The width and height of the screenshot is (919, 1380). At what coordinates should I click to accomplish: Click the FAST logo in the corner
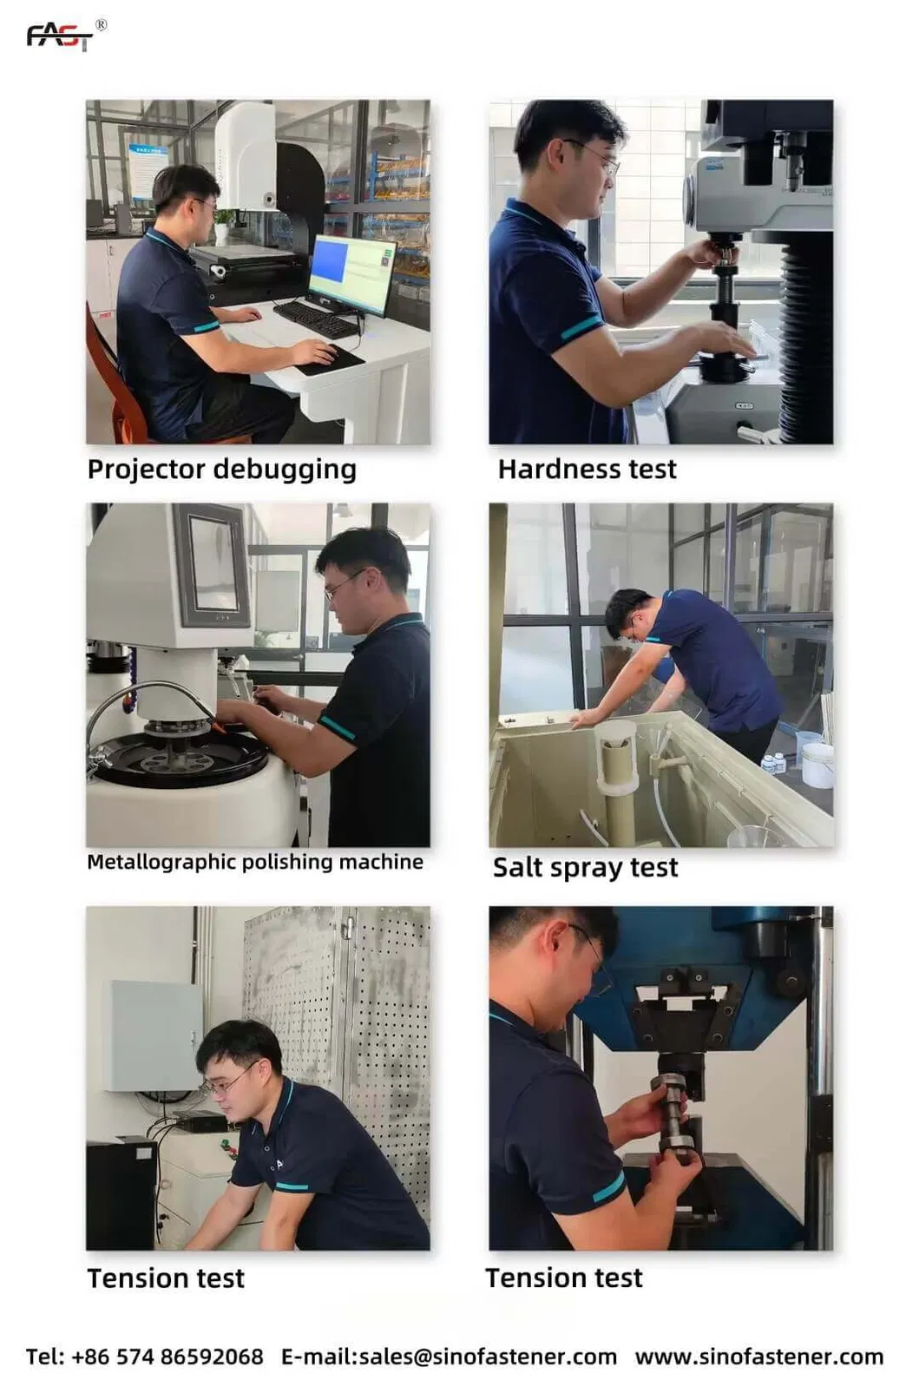(61, 37)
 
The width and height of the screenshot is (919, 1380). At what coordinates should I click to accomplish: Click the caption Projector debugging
(222, 470)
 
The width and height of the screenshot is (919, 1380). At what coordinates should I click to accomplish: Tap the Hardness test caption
(587, 470)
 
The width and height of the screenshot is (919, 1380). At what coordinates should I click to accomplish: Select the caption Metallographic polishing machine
(255, 863)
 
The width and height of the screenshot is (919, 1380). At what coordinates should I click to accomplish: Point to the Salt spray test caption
(585, 867)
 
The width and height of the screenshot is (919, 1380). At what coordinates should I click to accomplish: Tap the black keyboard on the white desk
(316, 319)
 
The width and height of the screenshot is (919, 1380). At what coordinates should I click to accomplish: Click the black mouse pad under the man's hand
(330, 360)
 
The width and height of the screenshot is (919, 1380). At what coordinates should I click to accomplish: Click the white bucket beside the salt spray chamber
(818, 765)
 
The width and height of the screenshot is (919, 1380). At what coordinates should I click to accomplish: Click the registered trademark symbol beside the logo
(101, 24)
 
